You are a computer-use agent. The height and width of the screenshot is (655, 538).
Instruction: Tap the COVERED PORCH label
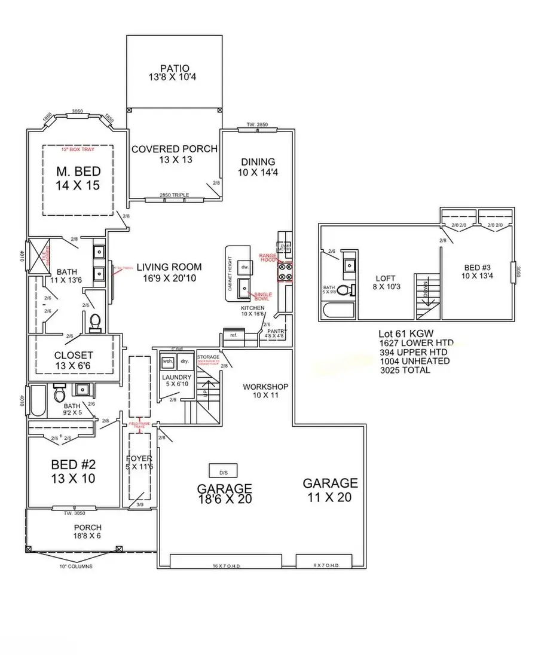coord(175,149)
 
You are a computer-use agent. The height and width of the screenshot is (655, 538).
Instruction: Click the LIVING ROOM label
coord(169,267)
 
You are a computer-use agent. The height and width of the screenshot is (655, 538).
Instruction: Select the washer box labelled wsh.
coord(168,361)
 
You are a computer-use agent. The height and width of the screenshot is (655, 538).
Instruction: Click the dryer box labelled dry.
coord(185,361)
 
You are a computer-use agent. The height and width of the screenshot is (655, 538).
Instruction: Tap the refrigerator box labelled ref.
coord(233,335)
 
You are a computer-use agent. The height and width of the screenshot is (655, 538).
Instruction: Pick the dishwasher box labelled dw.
coord(244,267)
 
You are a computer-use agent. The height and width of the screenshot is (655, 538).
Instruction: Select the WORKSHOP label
coord(265,387)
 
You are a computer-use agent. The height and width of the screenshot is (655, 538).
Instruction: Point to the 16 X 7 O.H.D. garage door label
coord(227,565)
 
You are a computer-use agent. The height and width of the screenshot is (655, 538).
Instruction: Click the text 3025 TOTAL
coord(404,370)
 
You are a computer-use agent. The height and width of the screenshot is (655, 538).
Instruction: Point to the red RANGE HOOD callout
coord(267,258)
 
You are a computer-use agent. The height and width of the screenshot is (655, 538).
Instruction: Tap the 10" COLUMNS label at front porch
coord(76,566)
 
